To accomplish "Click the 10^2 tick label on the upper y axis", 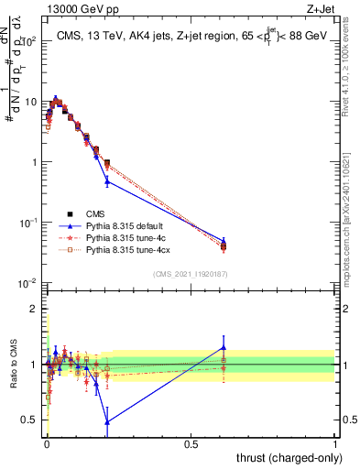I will pyautogui.click(x=29, y=42).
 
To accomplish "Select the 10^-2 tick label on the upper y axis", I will pyautogui.click(x=29, y=283).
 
